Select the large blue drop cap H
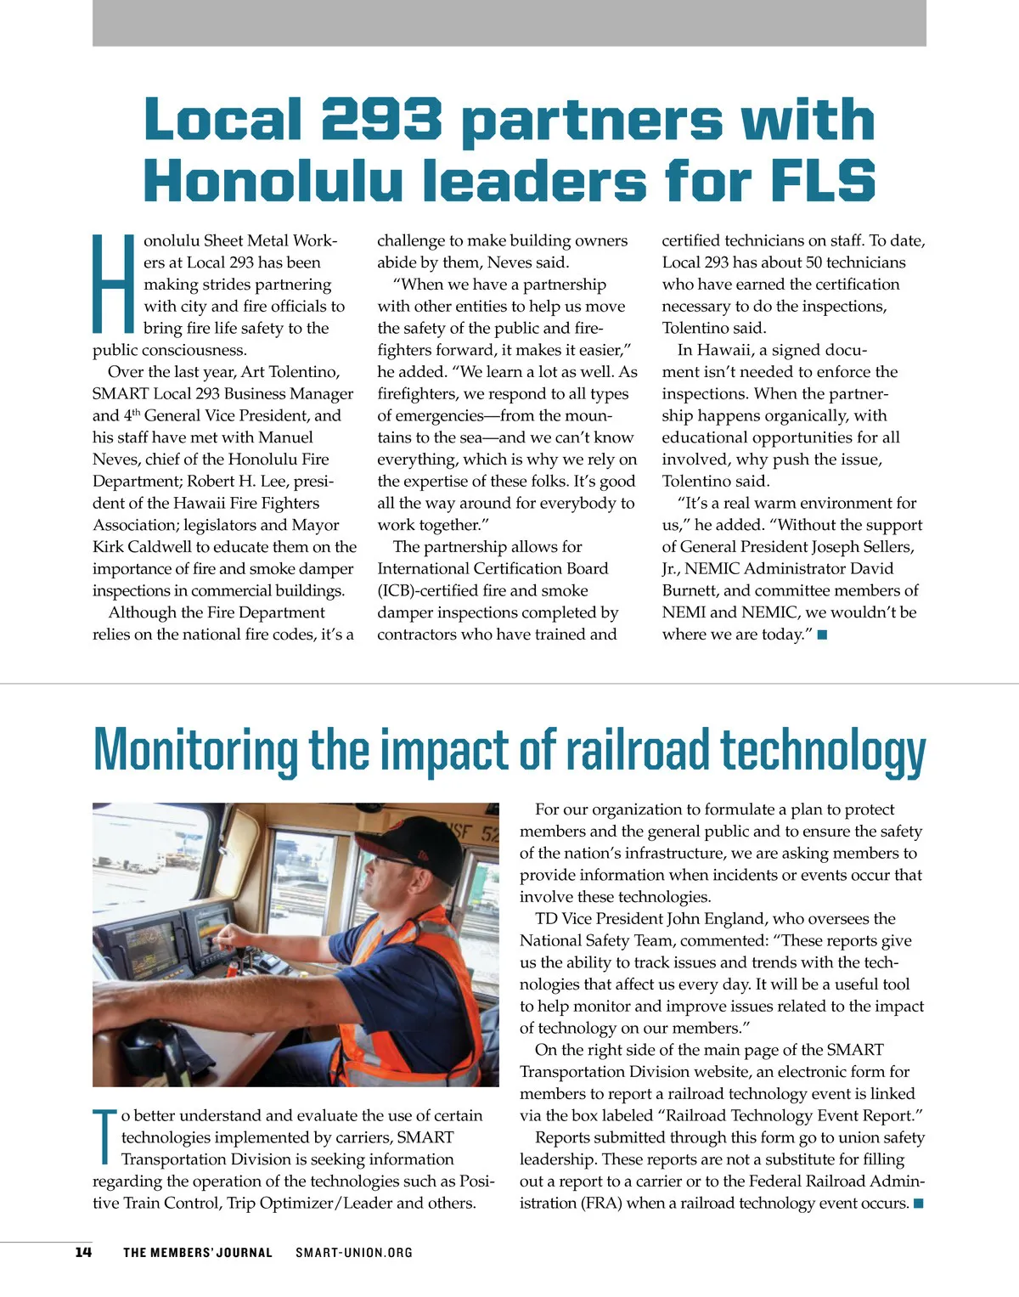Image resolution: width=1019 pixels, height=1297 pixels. pos(114,284)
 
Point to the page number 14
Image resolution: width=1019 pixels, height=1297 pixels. pos(83,1252)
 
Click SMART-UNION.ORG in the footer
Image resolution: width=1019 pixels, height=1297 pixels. pos(354,1252)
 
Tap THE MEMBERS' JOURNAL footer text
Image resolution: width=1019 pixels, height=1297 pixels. pos(198,1252)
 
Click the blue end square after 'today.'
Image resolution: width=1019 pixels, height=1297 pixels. pos(822,635)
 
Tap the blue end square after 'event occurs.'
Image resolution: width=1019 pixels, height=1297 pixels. pos(918,1204)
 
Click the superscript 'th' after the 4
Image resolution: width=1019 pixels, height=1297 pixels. pos(136,413)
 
